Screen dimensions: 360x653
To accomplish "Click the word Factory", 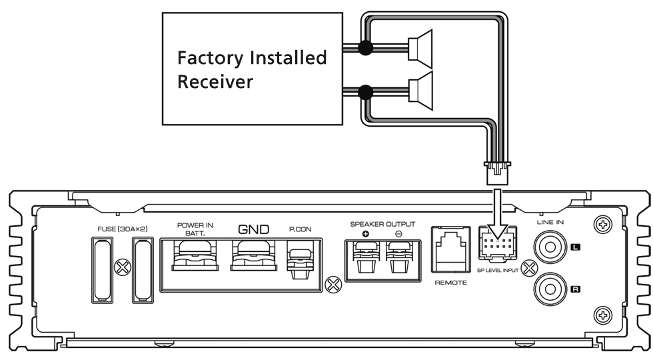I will (210, 59).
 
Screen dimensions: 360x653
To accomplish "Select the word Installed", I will (288, 58).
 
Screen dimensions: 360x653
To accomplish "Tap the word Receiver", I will (215, 82).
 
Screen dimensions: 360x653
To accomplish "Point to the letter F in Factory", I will (182, 58).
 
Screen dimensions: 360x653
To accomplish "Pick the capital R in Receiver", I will (183, 82).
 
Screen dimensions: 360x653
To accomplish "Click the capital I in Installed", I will (253, 58).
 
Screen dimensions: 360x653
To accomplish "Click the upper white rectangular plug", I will (413, 49).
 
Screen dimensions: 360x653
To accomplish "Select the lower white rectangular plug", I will (413, 91).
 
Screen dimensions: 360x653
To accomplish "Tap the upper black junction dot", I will (365, 48).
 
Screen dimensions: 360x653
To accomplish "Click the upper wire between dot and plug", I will (390, 48).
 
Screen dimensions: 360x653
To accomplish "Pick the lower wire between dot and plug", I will (390, 91).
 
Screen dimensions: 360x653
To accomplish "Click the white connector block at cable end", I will (496, 175).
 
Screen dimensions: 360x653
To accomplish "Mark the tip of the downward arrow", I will (496, 239).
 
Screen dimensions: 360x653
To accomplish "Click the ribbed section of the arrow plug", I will (496, 200).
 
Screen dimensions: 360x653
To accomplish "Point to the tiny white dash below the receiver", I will (357, 223).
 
